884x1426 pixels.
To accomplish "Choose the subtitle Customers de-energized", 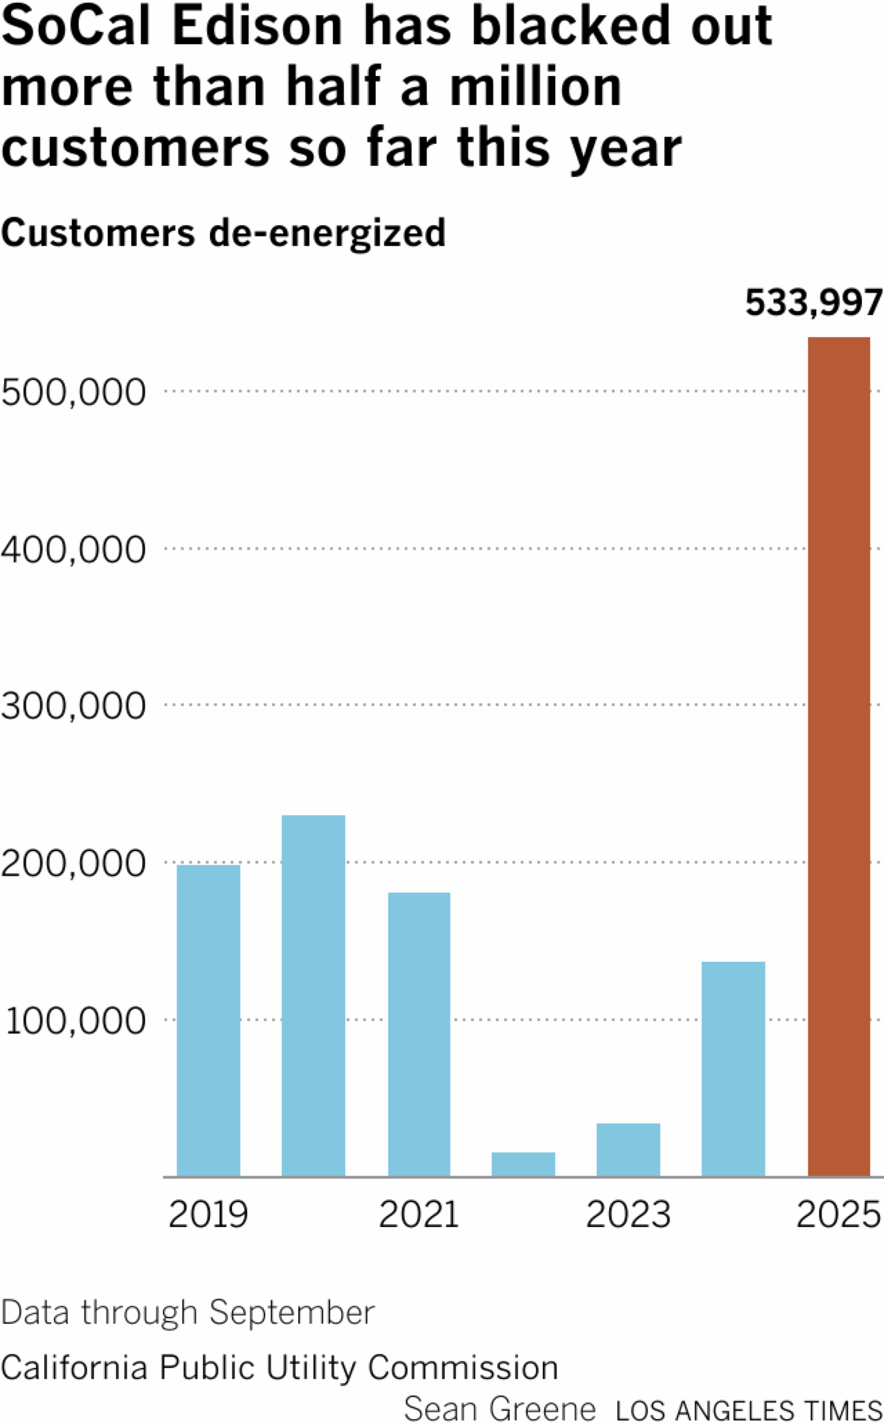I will point(223,233).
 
